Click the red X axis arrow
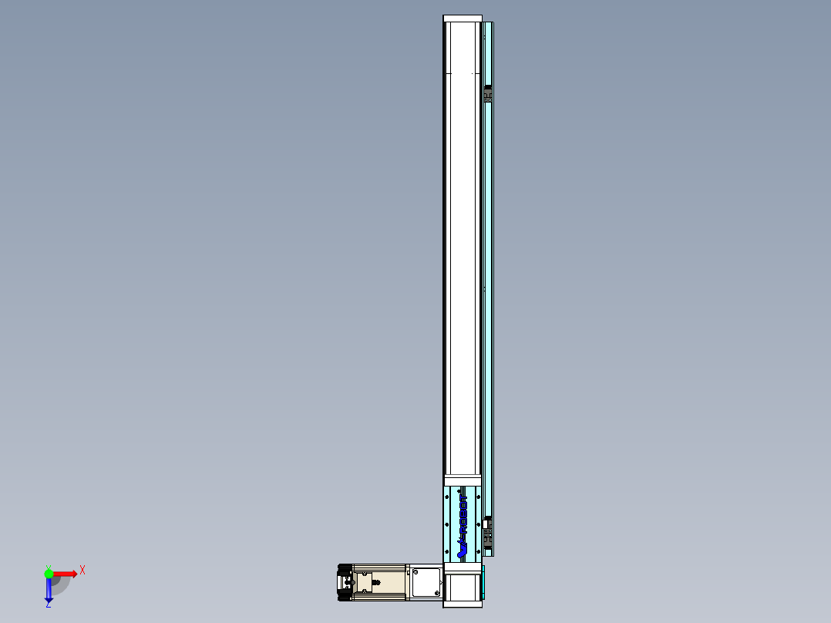click(x=65, y=574)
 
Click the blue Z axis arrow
click(x=49, y=591)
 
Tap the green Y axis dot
click(x=49, y=573)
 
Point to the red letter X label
click(x=82, y=571)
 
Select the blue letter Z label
click(x=48, y=605)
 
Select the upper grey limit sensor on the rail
click(x=487, y=94)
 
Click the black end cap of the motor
click(x=344, y=582)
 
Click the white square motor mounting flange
click(x=424, y=582)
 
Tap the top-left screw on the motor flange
click(x=414, y=571)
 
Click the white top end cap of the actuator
click(x=462, y=19)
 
